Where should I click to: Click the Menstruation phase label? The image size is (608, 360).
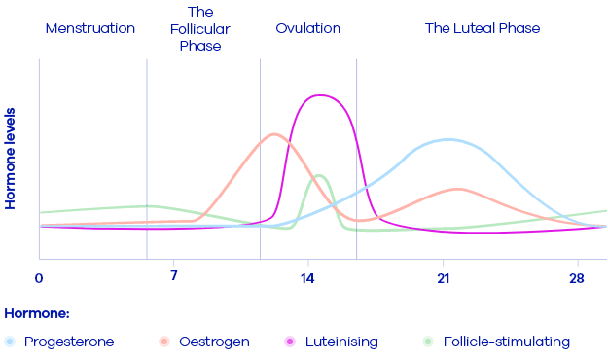click(89, 28)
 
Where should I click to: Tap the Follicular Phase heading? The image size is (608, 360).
click(199, 28)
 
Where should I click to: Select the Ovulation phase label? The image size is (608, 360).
click(307, 28)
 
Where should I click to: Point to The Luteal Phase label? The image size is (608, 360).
click(483, 28)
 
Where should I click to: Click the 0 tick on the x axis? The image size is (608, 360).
click(39, 278)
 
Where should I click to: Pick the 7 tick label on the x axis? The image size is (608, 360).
click(173, 278)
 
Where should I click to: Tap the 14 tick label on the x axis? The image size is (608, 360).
click(308, 278)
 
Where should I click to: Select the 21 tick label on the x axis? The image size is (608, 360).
click(444, 278)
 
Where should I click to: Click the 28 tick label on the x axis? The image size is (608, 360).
click(578, 278)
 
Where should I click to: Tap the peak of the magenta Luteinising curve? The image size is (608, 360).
click(318, 95)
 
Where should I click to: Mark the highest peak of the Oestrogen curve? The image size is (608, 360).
click(273, 133)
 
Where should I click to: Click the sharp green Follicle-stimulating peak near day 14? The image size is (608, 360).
click(317, 176)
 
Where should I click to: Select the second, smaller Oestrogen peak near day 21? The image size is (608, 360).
click(458, 189)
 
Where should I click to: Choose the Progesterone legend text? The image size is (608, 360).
click(69, 342)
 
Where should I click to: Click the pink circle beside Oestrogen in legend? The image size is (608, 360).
click(164, 342)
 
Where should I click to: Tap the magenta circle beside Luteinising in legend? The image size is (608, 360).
click(289, 342)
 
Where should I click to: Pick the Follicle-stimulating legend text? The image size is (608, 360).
click(506, 342)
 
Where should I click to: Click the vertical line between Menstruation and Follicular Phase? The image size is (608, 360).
click(147, 156)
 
